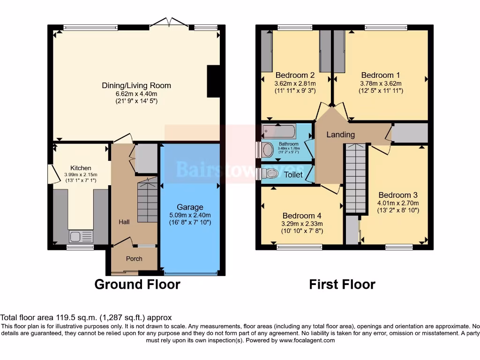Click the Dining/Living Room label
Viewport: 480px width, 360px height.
tap(136, 85)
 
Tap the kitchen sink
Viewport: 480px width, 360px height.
tap(81, 237)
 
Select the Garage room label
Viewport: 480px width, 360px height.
tap(190, 207)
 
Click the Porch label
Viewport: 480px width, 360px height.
tap(134, 259)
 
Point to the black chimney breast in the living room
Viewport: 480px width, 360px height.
tap(213, 81)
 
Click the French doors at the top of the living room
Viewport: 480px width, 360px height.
tap(168, 22)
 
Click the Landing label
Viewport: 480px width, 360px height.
tap(340, 135)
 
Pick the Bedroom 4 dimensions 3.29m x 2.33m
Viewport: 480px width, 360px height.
tap(301, 224)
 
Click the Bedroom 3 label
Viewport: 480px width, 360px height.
tap(398, 195)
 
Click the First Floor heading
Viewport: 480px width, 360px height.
tap(342, 285)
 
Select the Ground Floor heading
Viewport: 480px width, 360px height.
tap(137, 285)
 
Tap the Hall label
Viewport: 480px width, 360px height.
tap(124, 222)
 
